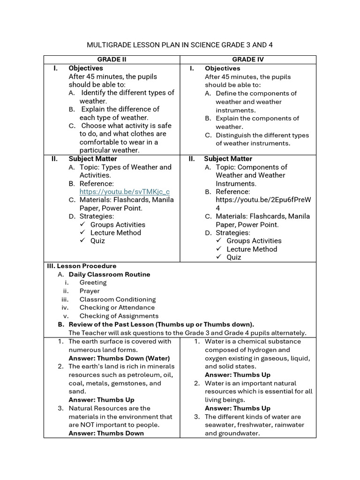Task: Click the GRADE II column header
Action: [112, 60]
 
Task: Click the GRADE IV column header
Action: [248, 60]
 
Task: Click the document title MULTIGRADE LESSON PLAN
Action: [180, 45]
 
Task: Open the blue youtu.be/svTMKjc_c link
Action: [124, 192]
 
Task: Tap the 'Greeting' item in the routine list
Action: [93, 283]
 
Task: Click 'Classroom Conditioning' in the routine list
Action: [117, 300]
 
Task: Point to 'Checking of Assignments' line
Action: [119, 316]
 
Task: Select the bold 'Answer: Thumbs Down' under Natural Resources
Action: [106, 433]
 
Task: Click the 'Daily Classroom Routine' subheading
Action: [109, 274]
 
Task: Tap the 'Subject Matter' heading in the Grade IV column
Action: [228, 159]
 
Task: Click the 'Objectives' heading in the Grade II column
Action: [86, 68]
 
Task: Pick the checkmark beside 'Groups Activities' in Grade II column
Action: [82, 225]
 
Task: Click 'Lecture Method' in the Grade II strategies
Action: [115, 232]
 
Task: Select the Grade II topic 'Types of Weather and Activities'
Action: [125, 171]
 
